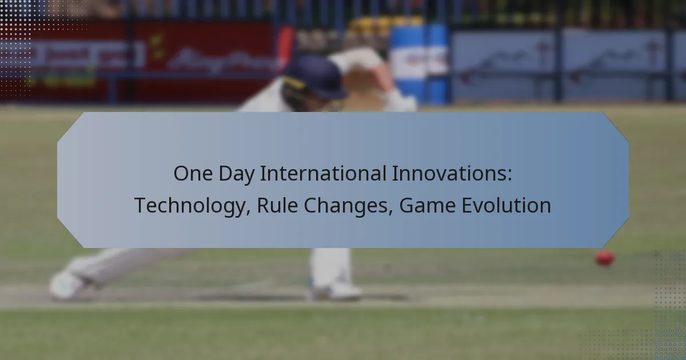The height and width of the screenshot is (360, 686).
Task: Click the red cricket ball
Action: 604,258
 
